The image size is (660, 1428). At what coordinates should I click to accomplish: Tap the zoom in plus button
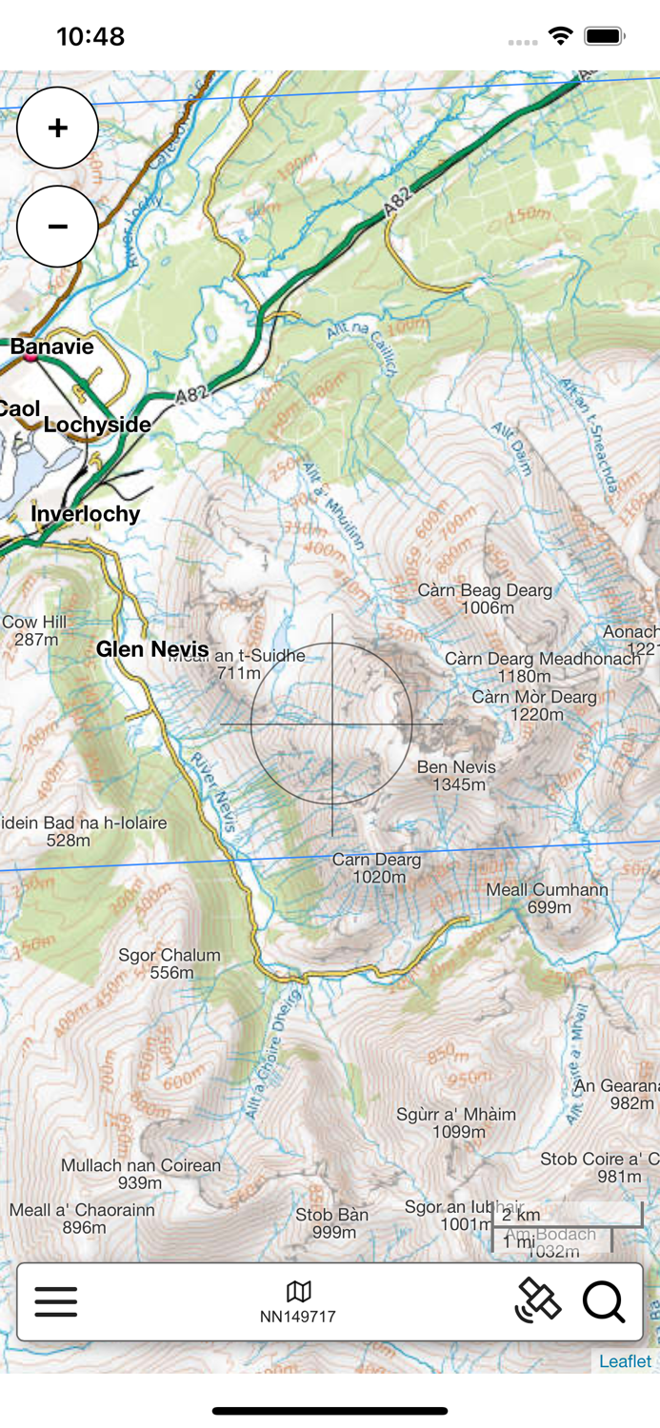click(57, 128)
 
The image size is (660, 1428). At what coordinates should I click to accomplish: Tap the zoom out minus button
click(57, 227)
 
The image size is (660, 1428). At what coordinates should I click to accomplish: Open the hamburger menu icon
click(56, 1301)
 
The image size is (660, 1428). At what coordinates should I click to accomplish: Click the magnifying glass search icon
click(604, 1301)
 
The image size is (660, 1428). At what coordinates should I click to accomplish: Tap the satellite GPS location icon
click(538, 1301)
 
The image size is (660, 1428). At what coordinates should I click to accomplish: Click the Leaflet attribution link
click(625, 1361)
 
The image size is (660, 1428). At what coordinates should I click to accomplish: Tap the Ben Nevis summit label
click(456, 775)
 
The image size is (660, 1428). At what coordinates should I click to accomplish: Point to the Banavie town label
click(52, 347)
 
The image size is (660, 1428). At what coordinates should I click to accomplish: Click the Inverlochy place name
click(86, 514)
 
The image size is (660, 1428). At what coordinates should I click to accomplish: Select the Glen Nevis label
click(152, 649)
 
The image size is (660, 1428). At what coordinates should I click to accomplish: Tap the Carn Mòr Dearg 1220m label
click(534, 705)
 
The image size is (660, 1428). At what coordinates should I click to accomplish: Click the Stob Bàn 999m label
click(331, 1223)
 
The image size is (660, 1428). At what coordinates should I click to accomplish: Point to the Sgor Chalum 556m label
click(170, 963)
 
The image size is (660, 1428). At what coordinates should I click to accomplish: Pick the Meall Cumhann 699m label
click(548, 898)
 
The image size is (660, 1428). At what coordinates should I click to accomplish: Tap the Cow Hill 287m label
click(34, 630)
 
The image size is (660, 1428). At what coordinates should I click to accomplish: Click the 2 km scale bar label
click(521, 1215)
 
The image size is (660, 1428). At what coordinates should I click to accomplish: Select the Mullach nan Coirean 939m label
click(141, 1174)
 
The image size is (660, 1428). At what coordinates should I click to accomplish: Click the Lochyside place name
click(97, 425)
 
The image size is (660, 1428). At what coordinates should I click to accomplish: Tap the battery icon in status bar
click(604, 36)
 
